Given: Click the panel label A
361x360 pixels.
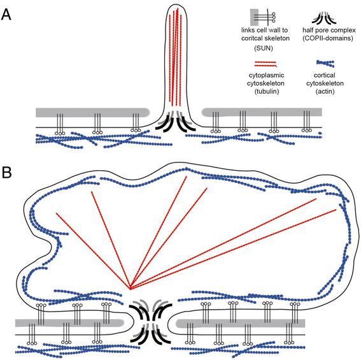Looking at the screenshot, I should [x=8, y=13].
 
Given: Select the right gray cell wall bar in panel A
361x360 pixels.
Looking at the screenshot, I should [x=261, y=112].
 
